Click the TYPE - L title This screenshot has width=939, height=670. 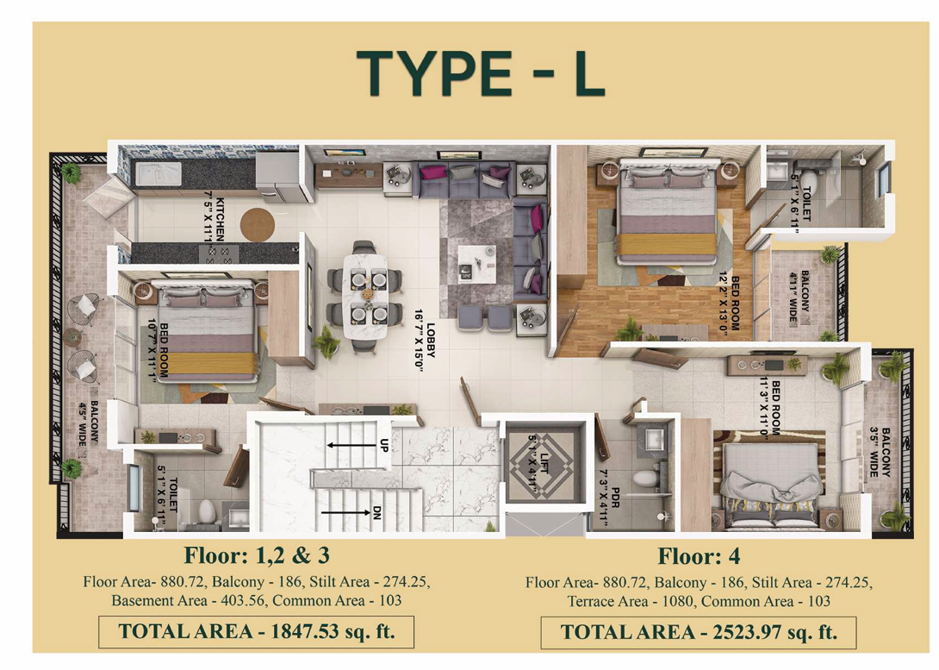(481, 73)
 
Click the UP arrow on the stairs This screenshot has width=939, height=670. (350, 445)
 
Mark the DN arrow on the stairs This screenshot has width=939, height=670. (345, 512)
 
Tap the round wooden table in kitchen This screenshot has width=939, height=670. (258, 225)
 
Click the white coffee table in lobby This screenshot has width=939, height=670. (476, 264)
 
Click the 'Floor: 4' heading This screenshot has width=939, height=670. (699, 556)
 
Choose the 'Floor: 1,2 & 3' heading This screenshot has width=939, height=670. (257, 555)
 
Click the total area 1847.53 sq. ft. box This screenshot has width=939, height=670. (257, 632)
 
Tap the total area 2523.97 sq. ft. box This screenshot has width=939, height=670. (699, 632)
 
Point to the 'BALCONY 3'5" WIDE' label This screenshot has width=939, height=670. (880, 452)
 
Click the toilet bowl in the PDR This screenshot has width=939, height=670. (644, 479)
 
